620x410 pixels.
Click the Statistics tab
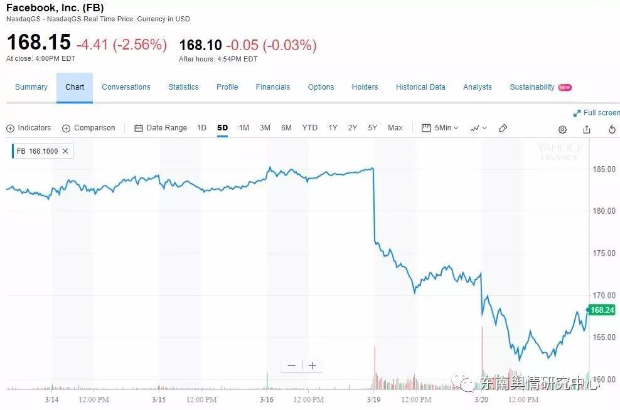coord(183,87)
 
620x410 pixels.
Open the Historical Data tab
coord(420,87)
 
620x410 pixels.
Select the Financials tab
coord(273,87)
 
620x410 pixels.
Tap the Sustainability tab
coord(532,87)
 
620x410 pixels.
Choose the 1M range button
coord(244,128)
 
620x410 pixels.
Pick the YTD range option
coord(310,128)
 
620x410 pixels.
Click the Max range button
coord(395,128)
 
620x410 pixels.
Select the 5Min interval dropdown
coord(441,128)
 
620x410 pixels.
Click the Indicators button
coord(29,128)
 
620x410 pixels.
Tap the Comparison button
coord(88,128)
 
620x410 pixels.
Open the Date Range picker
coord(161,128)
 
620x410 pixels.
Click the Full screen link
coord(597,113)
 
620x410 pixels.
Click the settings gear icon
coord(562,129)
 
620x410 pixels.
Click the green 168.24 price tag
coord(602,310)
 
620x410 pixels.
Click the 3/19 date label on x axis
coord(374,399)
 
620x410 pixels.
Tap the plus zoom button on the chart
coord(312,365)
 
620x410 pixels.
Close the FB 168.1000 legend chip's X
coord(65,151)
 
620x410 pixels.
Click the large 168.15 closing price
coord(39,43)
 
